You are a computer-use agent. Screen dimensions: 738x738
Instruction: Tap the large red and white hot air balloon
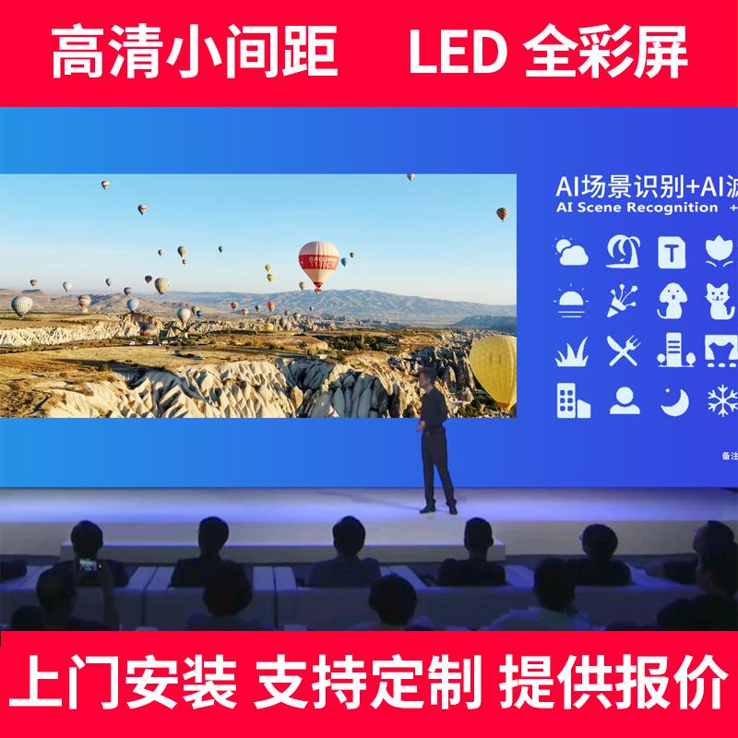(x=318, y=263)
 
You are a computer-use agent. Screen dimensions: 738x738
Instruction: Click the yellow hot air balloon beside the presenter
(x=495, y=369)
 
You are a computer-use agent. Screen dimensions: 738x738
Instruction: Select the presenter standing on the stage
(x=434, y=438)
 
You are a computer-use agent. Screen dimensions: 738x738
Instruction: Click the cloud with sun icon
(x=572, y=251)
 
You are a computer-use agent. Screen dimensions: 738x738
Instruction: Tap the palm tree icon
(x=623, y=251)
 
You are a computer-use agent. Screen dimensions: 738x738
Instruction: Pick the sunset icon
(x=572, y=300)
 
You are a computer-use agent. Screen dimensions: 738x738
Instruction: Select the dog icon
(x=673, y=301)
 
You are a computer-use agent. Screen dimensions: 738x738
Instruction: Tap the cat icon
(x=720, y=301)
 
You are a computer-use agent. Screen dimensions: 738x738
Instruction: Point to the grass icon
(x=572, y=351)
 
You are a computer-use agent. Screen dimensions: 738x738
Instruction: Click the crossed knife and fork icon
(x=623, y=351)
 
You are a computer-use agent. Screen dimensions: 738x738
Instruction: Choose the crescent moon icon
(x=673, y=399)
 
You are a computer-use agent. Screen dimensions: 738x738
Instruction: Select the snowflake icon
(x=720, y=399)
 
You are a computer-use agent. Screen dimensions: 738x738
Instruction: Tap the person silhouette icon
(x=623, y=399)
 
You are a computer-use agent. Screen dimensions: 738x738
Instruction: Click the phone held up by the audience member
(x=89, y=564)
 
